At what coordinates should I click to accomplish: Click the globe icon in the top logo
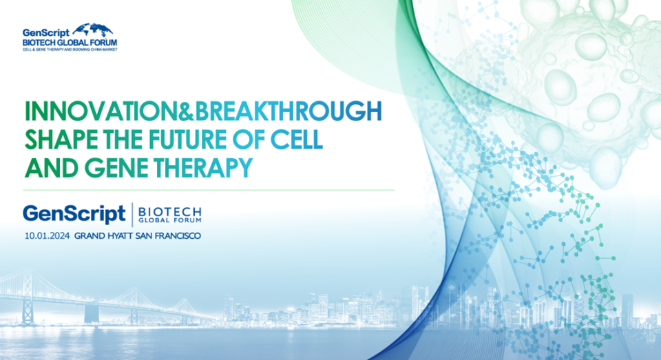point(93,30)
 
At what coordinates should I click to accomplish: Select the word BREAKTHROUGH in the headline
point(288,112)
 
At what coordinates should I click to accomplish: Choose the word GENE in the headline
point(116,168)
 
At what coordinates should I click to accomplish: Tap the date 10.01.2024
point(47,236)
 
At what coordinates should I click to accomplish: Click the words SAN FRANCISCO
point(168,236)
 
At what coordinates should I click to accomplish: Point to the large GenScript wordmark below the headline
point(74,214)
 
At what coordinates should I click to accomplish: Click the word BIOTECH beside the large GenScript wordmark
point(170,211)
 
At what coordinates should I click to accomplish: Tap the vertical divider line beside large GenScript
point(132,215)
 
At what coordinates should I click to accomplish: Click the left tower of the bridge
point(28,297)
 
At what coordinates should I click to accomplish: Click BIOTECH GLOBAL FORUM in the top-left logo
point(70,43)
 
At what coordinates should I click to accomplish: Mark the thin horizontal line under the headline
point(209,190)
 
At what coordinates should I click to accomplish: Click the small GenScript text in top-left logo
point(46,33)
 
